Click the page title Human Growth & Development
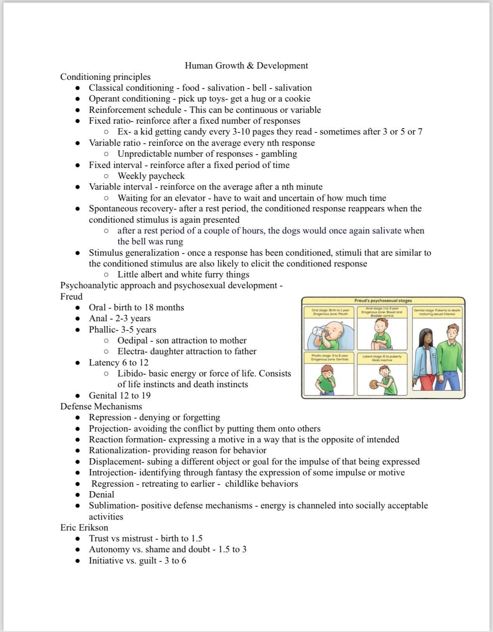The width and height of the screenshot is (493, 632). pyautogui.click(x=246, y=66)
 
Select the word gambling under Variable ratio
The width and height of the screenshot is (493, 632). pyautogui.click(x=279, y=154)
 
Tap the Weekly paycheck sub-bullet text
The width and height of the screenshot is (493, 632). pyautogui.click(x=151, y=176)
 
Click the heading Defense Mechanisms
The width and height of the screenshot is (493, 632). pyautogui.click(x=101, y=406)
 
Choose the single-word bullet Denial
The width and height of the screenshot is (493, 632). pyautogui.click(x=101, y=495)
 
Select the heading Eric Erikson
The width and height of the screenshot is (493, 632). pyautogui.click(x=84, y=528)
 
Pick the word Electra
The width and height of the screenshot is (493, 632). pyautogui.click(x=132, y=351)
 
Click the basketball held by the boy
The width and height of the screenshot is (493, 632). pyautogui.click(x=374, y=384)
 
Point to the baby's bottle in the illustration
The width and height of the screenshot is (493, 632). pyautogui.click(x=319, y=334)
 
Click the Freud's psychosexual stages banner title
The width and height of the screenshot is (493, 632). pyautogui.click(x=383, y=300)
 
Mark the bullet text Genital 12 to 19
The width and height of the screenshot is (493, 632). pyautogui.click(x=120, y=396)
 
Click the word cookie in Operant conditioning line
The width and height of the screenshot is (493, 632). pyautogui.click(x=297, y=99)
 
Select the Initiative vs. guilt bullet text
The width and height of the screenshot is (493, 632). pyautogui.click(x=137, y=561)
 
